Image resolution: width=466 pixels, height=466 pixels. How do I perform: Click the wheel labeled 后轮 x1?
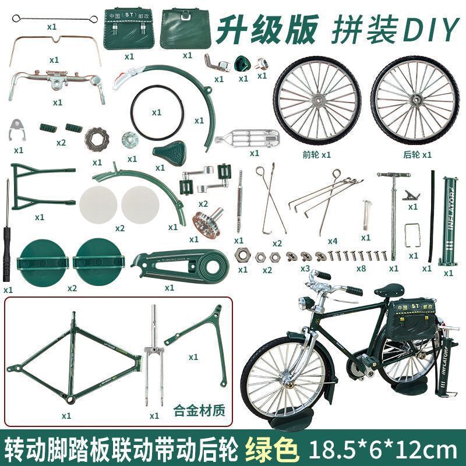[414, 102]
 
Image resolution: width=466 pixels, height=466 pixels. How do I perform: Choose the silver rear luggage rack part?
[248, 139]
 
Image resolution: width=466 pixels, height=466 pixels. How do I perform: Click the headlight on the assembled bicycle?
[304, 303]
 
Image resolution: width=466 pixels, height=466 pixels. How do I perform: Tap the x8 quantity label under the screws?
[362, 269]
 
